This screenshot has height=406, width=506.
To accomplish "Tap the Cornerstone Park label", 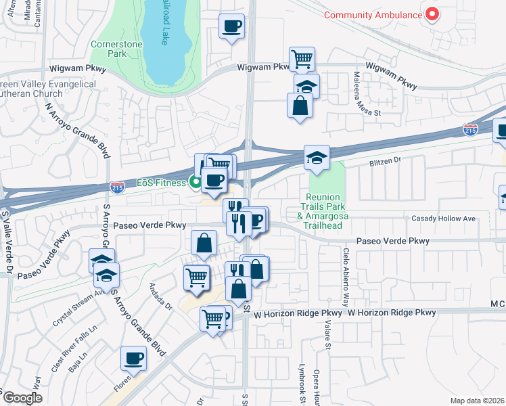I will (x=109, y=49).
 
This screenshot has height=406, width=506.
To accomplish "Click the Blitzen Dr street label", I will (x=385, y=162).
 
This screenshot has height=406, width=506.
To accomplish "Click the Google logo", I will (x=23, y=398).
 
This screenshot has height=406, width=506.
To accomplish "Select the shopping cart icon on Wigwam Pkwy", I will (x=302, y=58).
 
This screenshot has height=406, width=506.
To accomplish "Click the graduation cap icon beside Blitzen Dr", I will (x=317, y=158).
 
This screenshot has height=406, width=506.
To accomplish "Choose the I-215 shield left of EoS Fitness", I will (x=116, y=185).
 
